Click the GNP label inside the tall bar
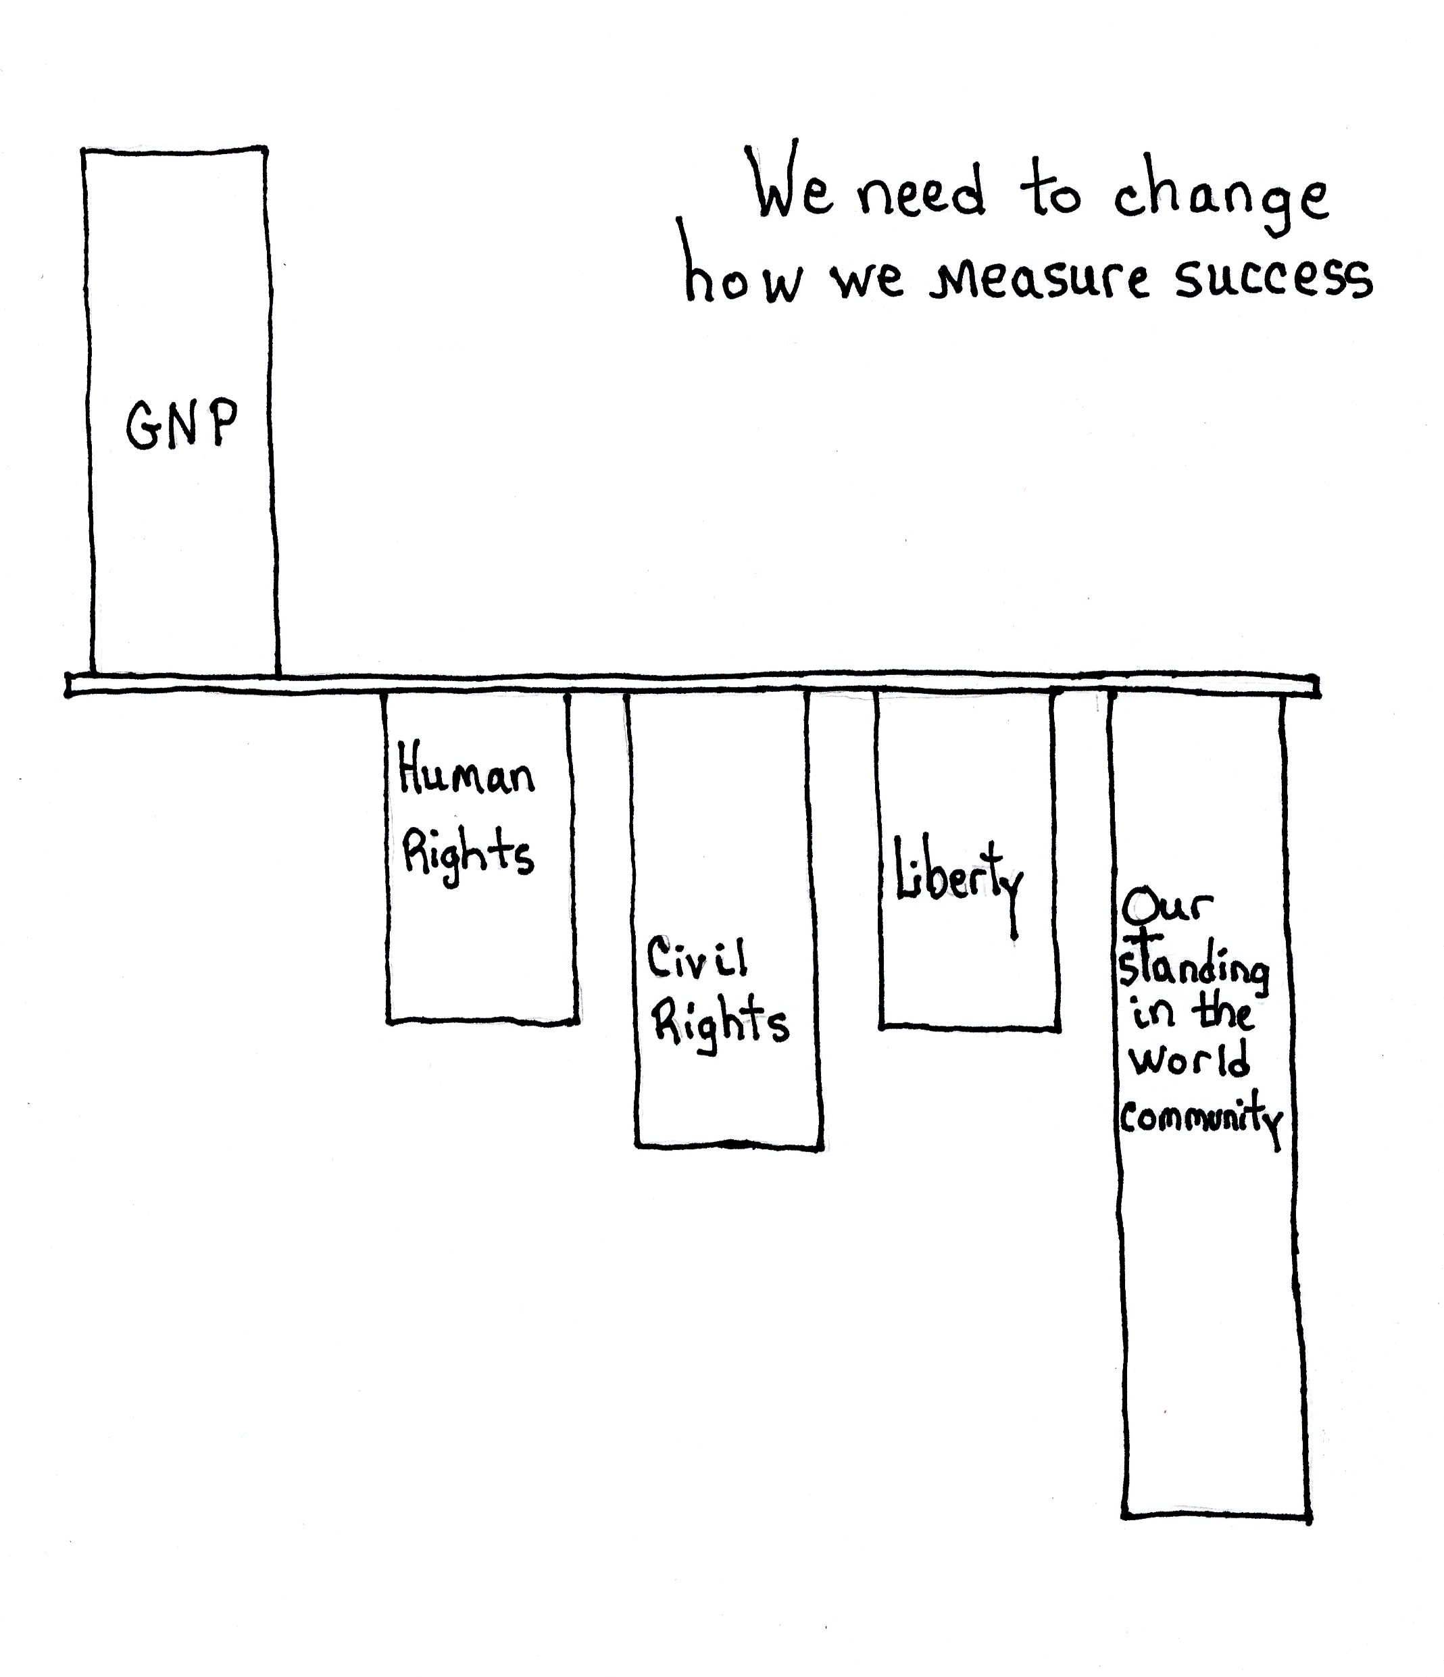point(182,424)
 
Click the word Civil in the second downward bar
point(697,958)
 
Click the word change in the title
point(1220,199)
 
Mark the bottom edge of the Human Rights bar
point(482,1022)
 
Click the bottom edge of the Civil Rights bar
point(729,1145)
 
